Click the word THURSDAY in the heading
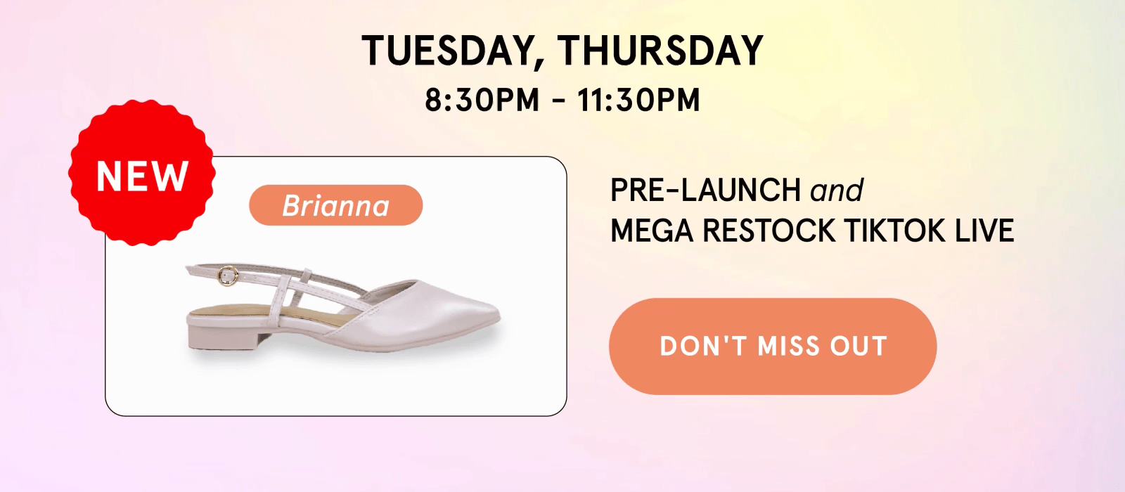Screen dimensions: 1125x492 pos(660,50)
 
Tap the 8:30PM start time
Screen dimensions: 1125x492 pos(482,99)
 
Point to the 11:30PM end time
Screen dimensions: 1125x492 pos(638,99)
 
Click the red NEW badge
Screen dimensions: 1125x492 pos(142,173)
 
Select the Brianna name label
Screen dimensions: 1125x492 pos(336,205)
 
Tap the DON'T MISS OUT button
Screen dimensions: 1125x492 pos(773,347)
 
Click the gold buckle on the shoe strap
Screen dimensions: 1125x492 pos(228,276)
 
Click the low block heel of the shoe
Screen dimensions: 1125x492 pos(229,337)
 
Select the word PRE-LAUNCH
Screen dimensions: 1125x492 pos(705,190)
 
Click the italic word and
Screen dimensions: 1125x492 pos(837,190)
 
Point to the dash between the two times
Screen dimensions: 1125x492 pos(558,101)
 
